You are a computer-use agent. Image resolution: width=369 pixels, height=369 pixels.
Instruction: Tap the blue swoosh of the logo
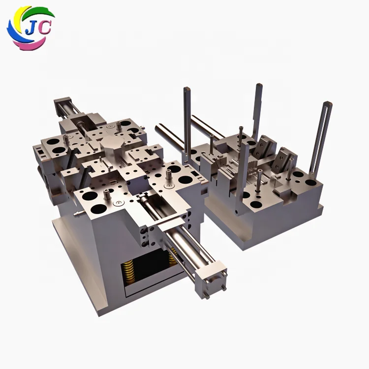click(12, 34)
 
